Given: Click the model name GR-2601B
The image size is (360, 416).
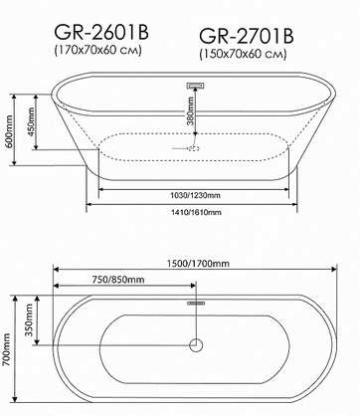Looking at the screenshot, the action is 101,33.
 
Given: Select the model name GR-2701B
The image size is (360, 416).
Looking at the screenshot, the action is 247,37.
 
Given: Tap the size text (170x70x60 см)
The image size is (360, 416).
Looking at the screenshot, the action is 98,51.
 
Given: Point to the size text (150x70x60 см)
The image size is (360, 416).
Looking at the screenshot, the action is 243,55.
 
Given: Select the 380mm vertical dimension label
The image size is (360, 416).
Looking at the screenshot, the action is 190,110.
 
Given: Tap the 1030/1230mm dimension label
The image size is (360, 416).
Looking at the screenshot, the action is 195,195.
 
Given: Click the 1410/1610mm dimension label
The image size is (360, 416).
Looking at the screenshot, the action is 196,212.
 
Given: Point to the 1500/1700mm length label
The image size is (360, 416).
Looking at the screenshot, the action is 198,264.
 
